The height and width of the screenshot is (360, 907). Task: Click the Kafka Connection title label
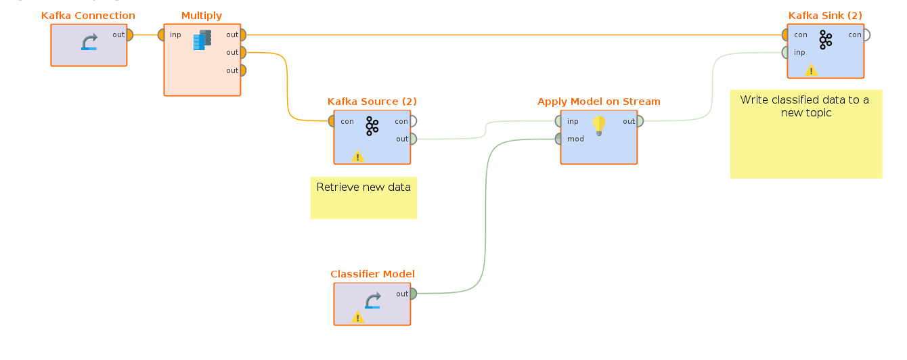pos(88,16)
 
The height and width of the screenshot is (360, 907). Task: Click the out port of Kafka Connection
pos(129,35)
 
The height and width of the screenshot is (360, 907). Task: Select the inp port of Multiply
pos(161,35)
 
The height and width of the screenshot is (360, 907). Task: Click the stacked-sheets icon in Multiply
pos(202,41)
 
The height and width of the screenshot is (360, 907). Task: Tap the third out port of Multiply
pos(242,70)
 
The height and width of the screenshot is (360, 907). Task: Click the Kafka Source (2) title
pos(372,102)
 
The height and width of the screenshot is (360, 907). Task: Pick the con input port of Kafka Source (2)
pos(332,121)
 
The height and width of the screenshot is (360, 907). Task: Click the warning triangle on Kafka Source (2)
pos(358,156)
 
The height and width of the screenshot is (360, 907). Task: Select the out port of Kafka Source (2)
pos(413,139)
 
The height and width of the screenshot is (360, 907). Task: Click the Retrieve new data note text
pos(363,187)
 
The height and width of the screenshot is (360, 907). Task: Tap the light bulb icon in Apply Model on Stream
pos(598,125)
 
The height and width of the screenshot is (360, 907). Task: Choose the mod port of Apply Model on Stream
pos(558,139)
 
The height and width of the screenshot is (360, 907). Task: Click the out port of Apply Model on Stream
pos(640,121)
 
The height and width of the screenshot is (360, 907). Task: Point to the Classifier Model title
pos(372,274)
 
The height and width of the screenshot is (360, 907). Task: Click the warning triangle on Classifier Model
pos(358,317)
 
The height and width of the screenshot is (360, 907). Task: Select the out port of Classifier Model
pos(413,294)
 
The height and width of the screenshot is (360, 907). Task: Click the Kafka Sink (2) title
pos(825,16)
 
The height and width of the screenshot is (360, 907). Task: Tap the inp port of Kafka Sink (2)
pos(785,52)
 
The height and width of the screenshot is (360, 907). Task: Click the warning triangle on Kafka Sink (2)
pos(811,70)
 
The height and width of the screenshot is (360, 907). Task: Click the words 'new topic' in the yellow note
pos(805,113)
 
